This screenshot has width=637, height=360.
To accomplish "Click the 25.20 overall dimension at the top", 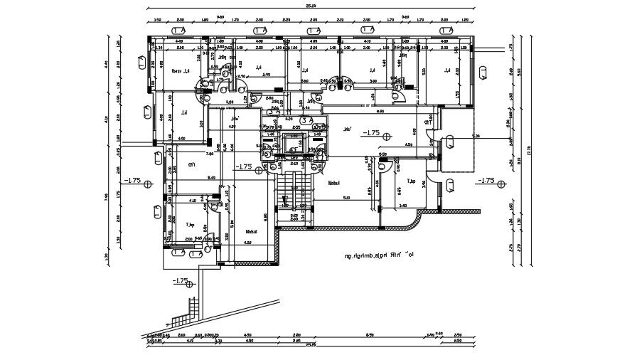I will pos(311,5).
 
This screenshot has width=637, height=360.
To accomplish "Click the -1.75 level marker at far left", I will pos(134,181).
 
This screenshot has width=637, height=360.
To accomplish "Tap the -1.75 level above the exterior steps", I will pos(181,281).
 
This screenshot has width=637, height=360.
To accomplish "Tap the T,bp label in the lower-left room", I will pos(190,225).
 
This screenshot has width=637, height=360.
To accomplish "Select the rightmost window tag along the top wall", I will pos(447,30).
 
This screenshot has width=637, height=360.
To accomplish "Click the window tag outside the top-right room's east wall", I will pos(483,71).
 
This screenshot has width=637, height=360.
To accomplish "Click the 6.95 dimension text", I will pos(380,111).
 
